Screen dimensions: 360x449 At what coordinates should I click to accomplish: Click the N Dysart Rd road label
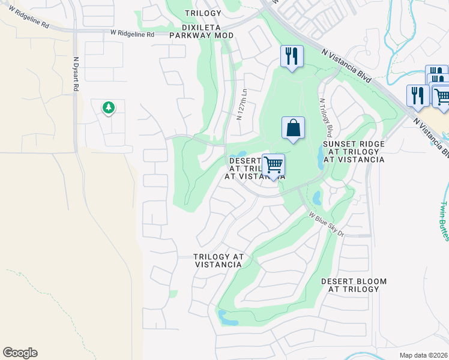pos(76,74)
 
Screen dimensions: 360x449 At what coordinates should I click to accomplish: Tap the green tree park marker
pos(108,108)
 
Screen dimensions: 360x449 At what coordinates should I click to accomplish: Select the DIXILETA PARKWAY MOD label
pos(201,32)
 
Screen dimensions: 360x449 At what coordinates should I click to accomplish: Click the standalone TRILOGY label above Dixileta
pos(203,13)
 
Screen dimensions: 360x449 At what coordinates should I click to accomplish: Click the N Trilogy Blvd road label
pos(325,118)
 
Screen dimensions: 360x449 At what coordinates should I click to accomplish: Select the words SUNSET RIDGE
pos(354,145)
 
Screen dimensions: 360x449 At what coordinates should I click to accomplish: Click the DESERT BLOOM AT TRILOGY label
pos(354,285)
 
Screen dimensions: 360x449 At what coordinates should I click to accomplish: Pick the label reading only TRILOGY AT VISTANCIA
pos(218,260)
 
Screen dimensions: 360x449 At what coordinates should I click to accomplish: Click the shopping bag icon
pos(293,128)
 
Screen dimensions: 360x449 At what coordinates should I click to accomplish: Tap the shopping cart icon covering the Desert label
pos(273,165)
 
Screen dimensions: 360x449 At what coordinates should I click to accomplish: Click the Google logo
pos(20,353)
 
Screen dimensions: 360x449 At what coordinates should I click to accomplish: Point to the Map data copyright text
pos(424,355)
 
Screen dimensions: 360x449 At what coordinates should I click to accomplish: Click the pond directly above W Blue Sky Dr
pos(317,197)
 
